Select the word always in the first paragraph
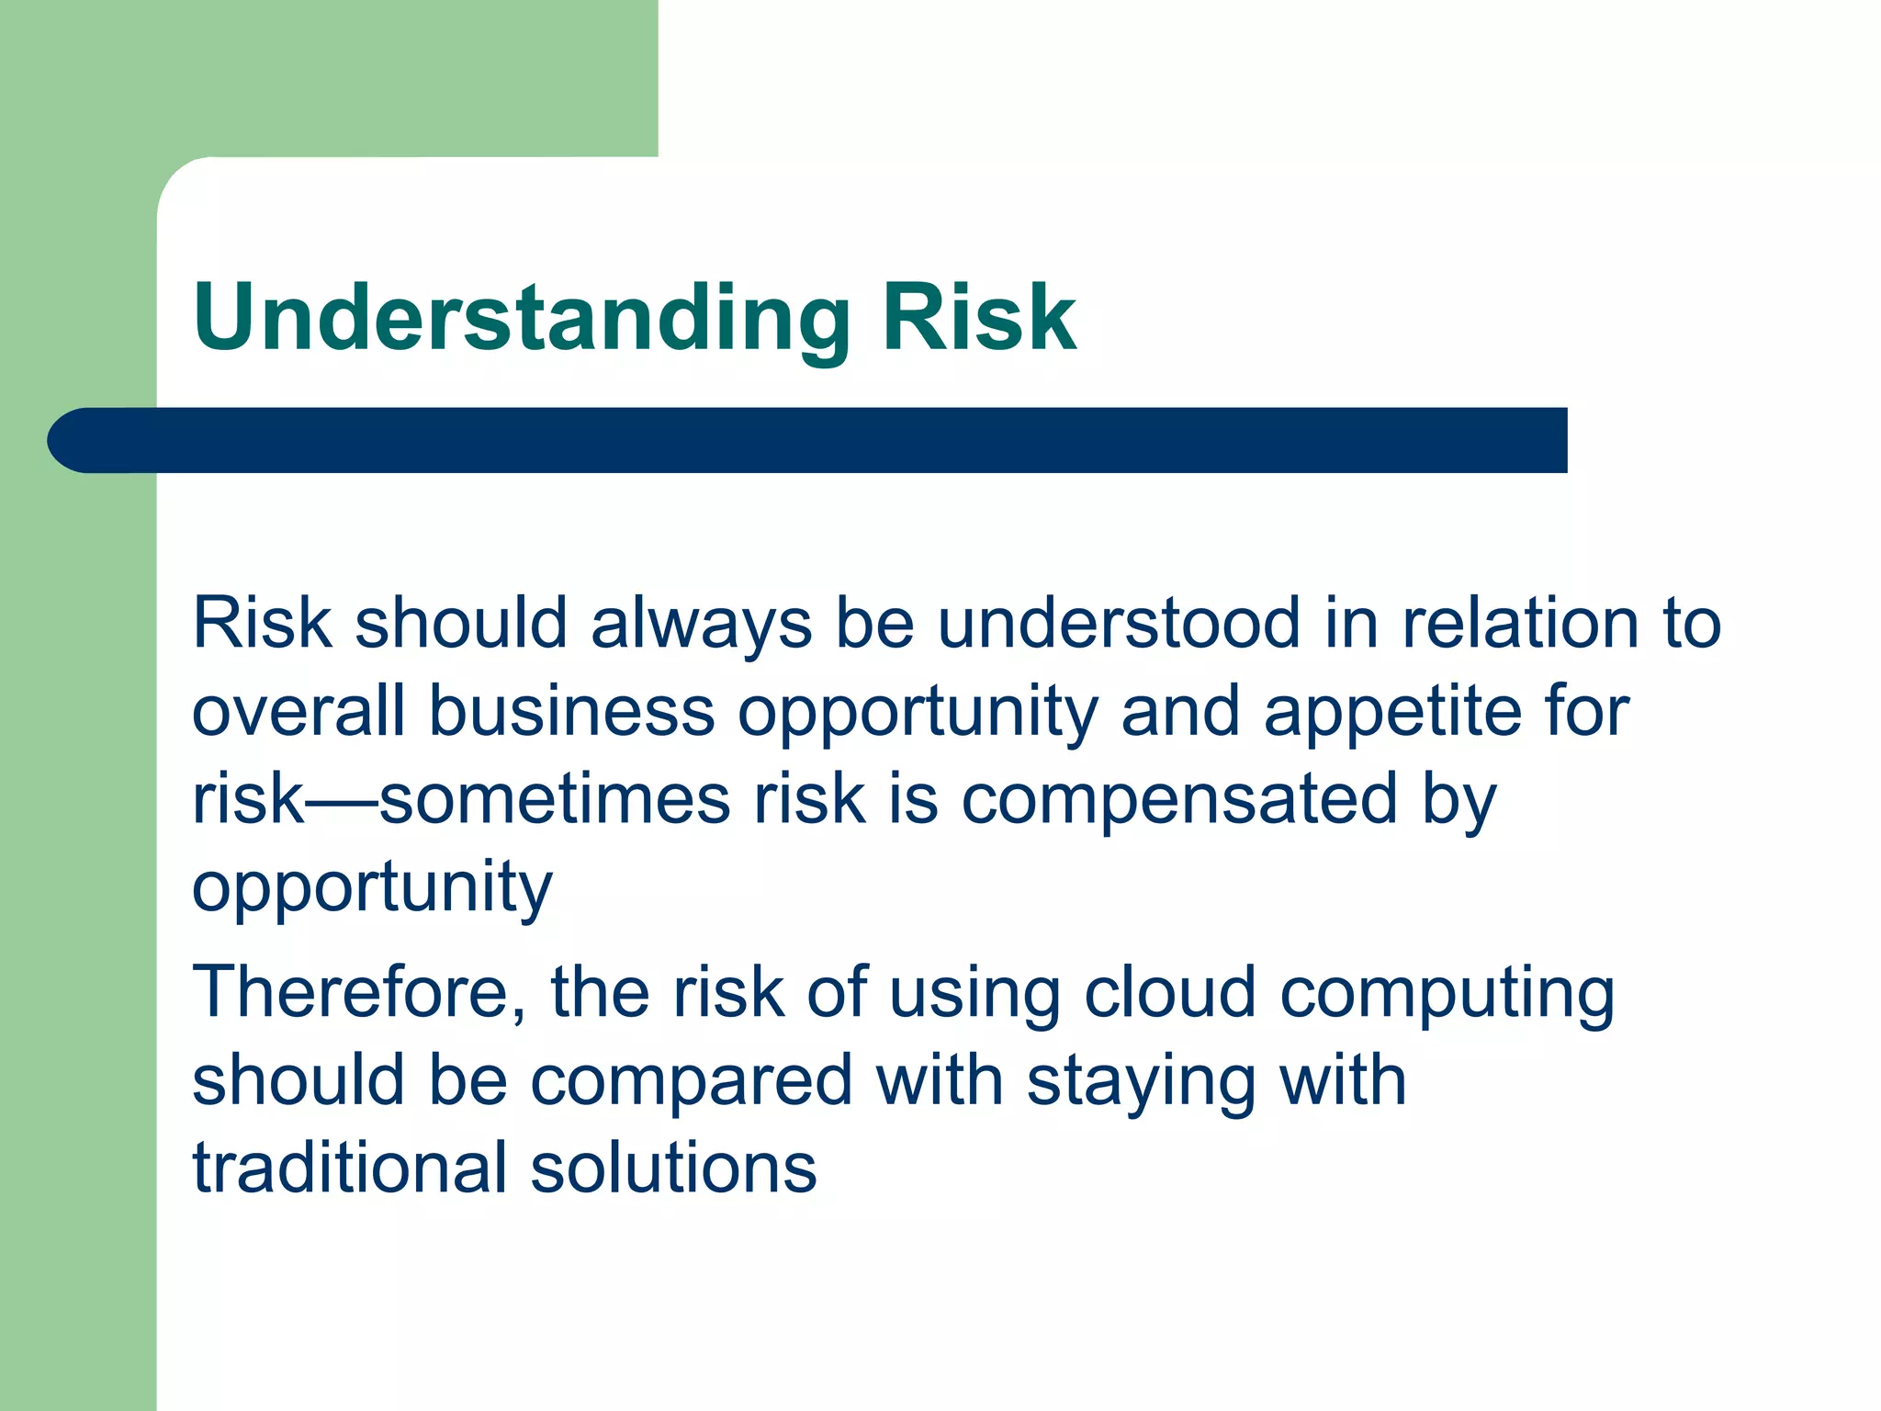[x=701, y=625]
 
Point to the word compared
[x=693, y=1082]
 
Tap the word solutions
[x=673, y=1168]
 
